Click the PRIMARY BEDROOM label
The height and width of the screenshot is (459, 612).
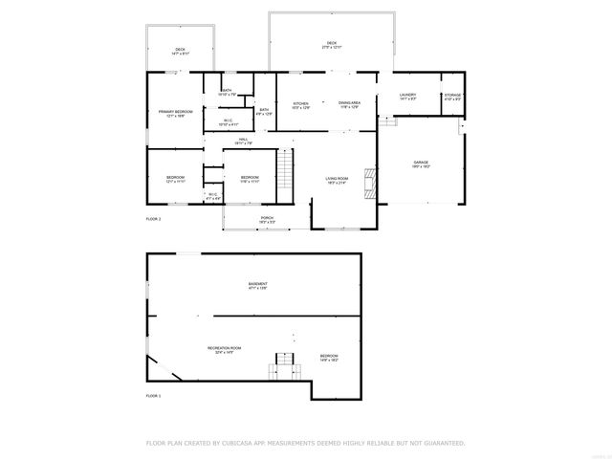(176, 112)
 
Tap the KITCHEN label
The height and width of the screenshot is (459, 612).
(300, 103)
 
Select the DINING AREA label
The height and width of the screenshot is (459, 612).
(349, 102)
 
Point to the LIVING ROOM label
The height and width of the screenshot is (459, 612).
(337, 178)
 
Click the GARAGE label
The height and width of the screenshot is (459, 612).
(421, 163)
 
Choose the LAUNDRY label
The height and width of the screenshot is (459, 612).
(407, 95)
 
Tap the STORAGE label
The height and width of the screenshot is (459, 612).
(452, 95)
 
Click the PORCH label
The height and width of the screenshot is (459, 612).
(268, 218)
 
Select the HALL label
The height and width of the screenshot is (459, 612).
(244, 140)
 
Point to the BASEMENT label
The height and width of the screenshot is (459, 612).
(258, 283)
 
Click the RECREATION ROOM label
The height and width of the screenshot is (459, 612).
(225, 348)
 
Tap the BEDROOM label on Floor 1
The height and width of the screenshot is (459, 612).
(329, 356)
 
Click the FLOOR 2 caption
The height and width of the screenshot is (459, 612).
(153, 220)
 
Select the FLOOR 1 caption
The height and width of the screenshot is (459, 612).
(153, 395)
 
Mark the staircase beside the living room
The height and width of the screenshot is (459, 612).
(284, 175)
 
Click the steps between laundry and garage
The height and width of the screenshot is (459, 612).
(387, 120)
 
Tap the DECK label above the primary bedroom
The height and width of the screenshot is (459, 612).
(179, 50)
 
